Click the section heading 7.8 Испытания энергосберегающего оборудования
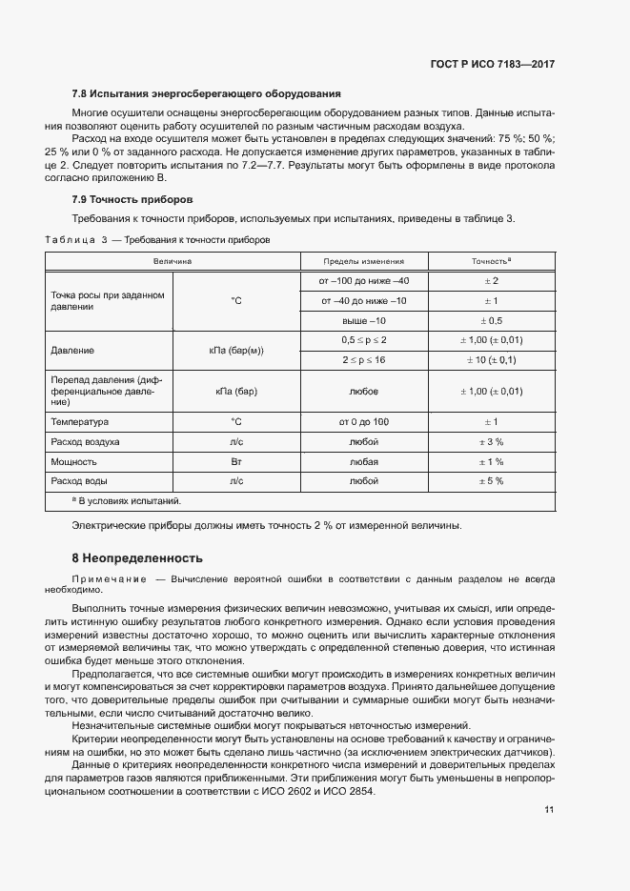tap(207, 93)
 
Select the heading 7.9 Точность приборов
tap(132, 200)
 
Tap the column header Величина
tap(173, 260)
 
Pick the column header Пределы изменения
tap(363, 260)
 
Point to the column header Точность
tap(492, 260)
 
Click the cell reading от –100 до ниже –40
tap(364, 280)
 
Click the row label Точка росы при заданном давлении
tap(108, 301)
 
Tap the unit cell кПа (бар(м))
tap(236, 351)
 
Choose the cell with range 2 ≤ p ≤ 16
tap(364, 360)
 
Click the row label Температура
tap(80, 421)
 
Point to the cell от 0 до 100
tap(364, 421)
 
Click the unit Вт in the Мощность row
tap(236, 461)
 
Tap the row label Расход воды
tap(82, 481)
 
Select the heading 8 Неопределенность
tap(137, 557)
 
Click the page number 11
tap(549, 810)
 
